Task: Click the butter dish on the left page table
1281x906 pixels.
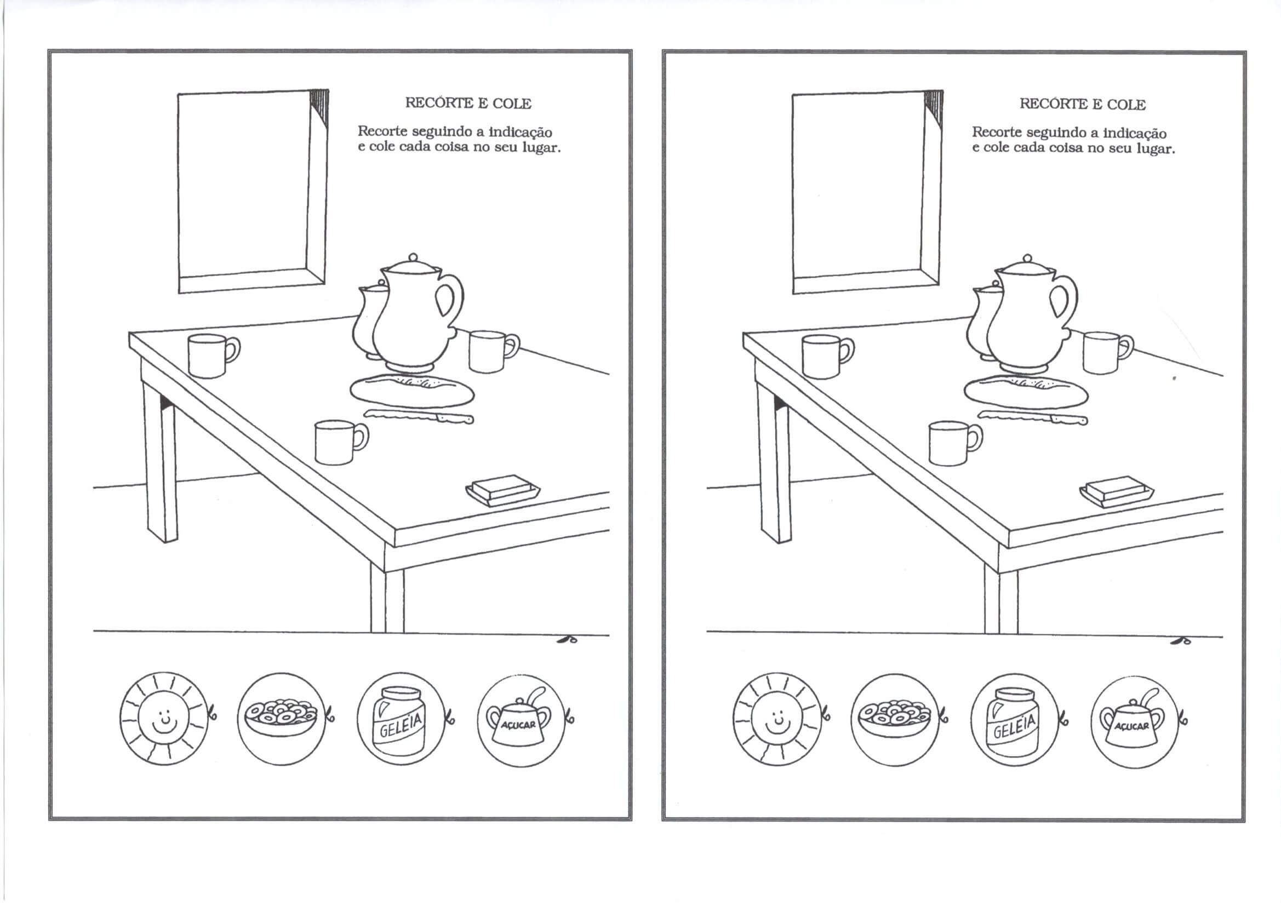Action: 502,490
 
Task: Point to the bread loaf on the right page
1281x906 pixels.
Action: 1026,391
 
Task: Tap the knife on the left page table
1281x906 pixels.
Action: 419,416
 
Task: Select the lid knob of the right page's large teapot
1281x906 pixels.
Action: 1027,259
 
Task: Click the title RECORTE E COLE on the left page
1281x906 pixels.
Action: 467,103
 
